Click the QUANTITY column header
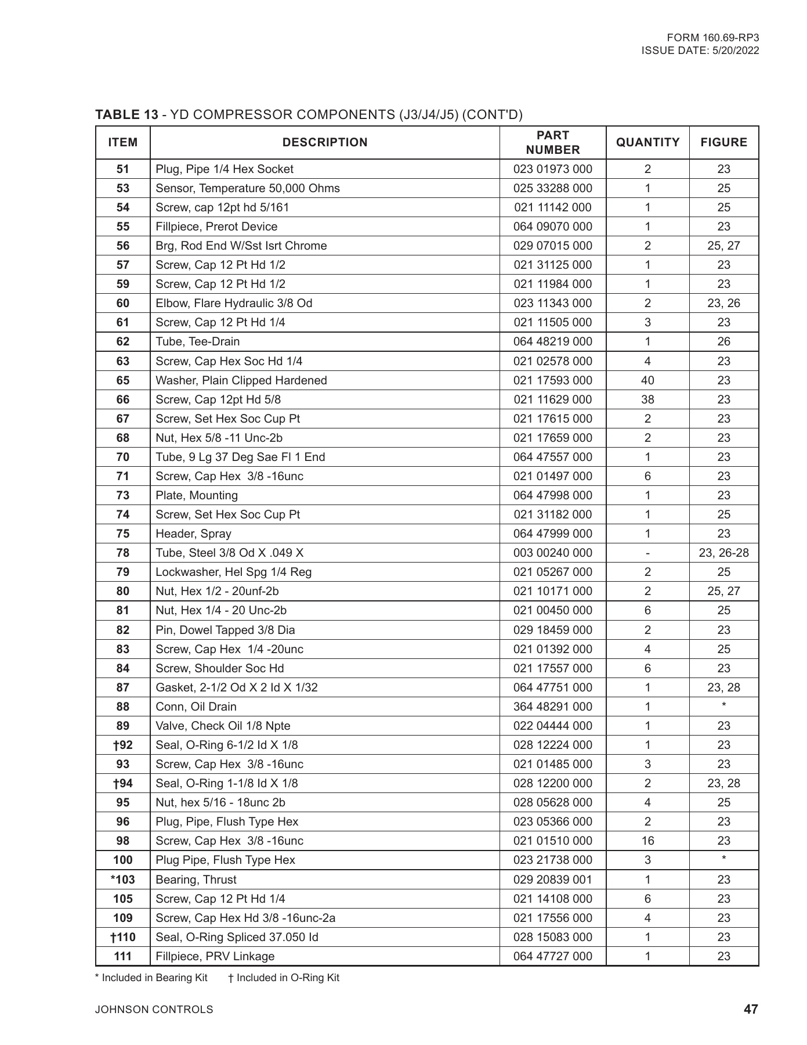point(647,142)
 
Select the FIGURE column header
point(723,142)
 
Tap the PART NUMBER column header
point(552,142)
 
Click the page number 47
point(750,1009)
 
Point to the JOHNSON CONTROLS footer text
point(154,1010)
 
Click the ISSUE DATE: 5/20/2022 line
point(700,51)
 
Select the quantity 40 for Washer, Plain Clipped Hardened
point(647,380)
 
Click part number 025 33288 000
point(552,188)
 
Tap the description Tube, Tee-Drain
point(197,341)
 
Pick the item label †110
point(123,937)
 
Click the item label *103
point(123,880)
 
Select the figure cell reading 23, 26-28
point(723,553)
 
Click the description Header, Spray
point(193,534)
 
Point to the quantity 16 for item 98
point(647,841)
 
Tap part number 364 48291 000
point(552,707)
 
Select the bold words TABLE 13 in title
point(126,114)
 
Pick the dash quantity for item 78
point(647,553)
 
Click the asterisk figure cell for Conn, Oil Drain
point(723,705)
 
